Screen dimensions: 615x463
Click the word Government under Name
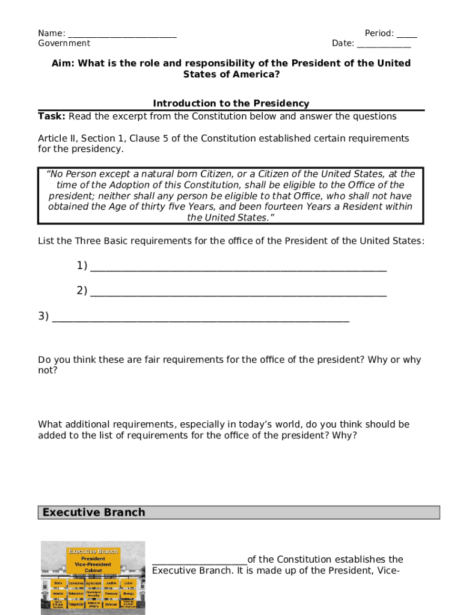pos(64,43)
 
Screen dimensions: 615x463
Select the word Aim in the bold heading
pos(63,63)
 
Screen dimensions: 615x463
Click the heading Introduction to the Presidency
pos(231,103)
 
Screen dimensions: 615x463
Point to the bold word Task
pos(51,116)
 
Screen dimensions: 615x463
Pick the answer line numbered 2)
pos(238,292)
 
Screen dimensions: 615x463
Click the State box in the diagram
pos(59,583)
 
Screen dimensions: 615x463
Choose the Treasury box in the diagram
pos(111,593)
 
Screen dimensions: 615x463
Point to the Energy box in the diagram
pos(128,593)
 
